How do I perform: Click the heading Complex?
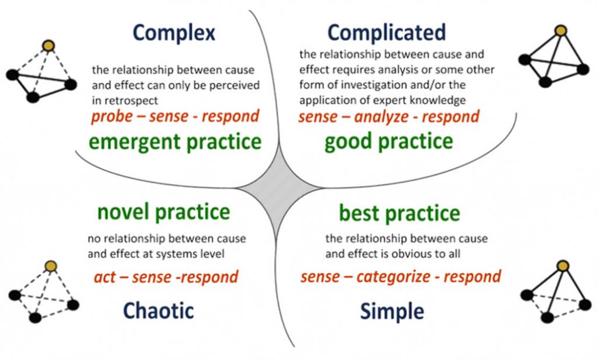point(174,33)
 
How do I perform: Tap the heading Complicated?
point(387,33)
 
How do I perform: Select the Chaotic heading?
point(158,310)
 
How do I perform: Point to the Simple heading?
point(392,311)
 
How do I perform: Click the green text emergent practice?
point(175,142)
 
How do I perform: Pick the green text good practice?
point(388,142)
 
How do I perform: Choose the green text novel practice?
point(164,212)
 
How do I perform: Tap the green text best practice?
point(399,213)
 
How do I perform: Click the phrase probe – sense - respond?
point(175,116)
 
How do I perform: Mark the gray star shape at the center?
point(278,188)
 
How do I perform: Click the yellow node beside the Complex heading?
point(49,46)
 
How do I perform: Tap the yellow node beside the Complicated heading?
point(560,30)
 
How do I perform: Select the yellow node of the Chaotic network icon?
point(50,266)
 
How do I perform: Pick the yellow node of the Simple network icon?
point(563,266)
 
